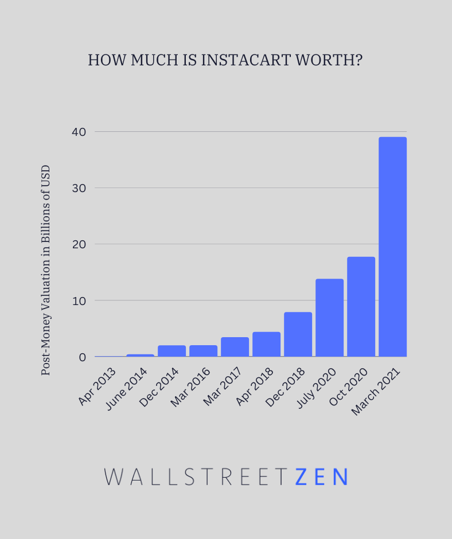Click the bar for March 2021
click(392, 247)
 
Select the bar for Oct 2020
click(361, 307)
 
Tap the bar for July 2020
click(329, 318)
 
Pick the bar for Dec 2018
click(298, 334)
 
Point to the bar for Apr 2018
click(266, 344)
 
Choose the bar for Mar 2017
click(235, 347)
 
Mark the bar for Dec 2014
click(172, 351)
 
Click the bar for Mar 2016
click(203, 351)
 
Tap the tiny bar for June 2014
click(140, 356)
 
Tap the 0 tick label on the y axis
click(82, 357)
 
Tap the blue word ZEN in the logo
click(321, 477)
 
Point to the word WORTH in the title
click(332, 60)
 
